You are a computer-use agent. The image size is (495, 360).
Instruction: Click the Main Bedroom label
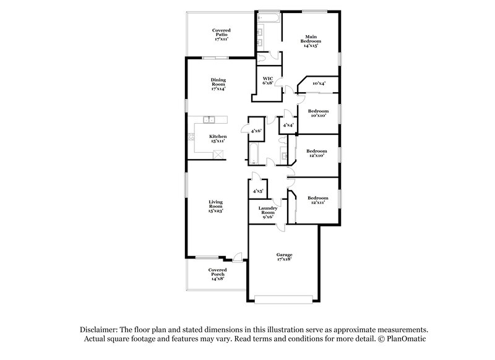click(x=311, y=40)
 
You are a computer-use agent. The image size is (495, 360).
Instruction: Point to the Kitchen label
click(x=218, y=139)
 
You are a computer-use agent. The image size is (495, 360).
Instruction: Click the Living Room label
click(x=216, y=207)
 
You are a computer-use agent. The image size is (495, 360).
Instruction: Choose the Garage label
click(x=284, y=257)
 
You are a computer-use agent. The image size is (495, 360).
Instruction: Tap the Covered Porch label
click(x=217, y=274)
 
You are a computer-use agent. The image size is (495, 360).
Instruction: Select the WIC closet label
click(x=268, y=81)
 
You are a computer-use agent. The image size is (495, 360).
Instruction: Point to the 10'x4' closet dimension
click(x=319, y=84)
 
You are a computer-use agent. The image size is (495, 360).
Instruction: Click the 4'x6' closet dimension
click(x=256, y=131)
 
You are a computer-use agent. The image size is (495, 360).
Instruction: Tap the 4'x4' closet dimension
click(x=288, y=126)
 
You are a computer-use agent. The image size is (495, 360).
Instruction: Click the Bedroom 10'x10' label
click(x=318, y=113)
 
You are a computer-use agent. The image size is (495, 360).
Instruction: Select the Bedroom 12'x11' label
click(x=318, y=200)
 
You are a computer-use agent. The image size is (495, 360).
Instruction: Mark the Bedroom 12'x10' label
click(x=317, y=153)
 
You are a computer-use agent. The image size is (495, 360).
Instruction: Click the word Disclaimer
click(x=99, y=330)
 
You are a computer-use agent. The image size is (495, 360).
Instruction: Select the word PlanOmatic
click(x=407, y=339)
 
